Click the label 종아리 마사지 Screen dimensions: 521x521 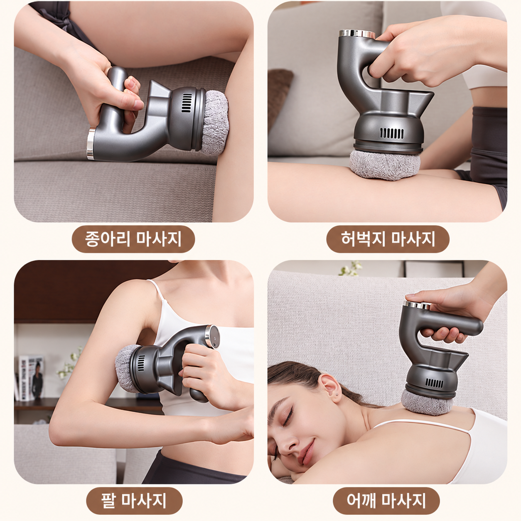pyautogui.click(x=133, y=239)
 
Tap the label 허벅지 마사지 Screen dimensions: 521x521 pyautogui.click(x=388, y=239)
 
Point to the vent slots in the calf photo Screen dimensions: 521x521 pyautogui.click(x=187, y=103)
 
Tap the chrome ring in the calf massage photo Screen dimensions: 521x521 pyautogui.click(x=91, y=144)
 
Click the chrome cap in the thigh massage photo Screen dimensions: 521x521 pyautogui.click(x=357, y=34)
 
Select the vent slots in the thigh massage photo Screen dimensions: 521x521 pyautogui.click(x=392, y=133)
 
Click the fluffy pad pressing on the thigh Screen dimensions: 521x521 pyautogui.click(x=385, y=165)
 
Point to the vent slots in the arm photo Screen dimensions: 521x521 pyautogui.click(x=141, y=363)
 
